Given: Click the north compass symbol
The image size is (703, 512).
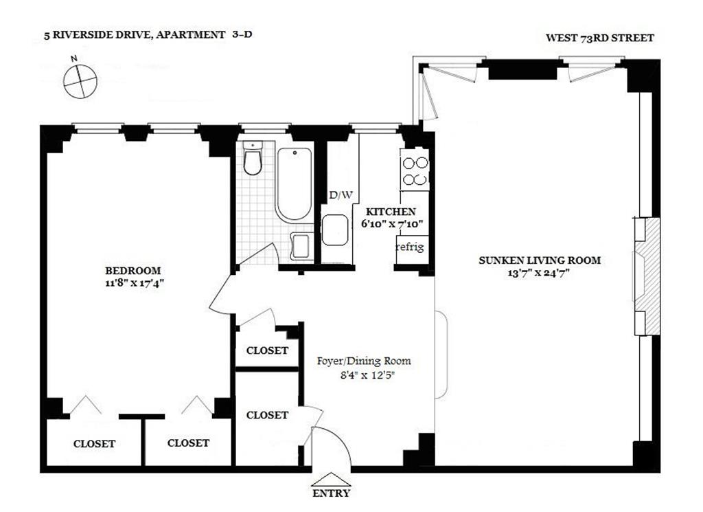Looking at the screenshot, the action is [80, 81].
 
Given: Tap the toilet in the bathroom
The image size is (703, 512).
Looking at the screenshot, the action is [253, 158].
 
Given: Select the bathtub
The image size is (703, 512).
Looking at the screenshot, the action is [294, 184].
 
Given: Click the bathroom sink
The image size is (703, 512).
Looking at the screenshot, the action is [302, 246].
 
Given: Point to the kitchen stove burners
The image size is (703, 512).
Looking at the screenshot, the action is [415, 171].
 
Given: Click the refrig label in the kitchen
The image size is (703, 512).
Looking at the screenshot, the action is [410, 247].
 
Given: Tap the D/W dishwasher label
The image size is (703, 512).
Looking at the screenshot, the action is [341, 195].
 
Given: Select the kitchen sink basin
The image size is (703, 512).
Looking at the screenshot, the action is [335, 230].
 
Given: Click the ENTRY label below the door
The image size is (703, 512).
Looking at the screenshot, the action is [331, 493].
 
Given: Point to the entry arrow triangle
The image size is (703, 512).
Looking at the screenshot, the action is [331, 479].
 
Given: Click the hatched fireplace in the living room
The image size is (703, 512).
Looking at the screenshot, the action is [647, 276].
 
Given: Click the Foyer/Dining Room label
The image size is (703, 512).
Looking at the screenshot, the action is [364, 361].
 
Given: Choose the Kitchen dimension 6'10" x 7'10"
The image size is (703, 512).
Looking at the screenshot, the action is [392, 223].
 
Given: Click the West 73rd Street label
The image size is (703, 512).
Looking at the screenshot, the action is [600, 38].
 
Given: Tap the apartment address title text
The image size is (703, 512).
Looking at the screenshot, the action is [148, 34].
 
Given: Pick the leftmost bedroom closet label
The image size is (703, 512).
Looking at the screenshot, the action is [94, 444].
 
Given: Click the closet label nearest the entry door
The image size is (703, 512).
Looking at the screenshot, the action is [267, 415].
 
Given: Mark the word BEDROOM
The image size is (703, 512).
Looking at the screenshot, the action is [132, 271].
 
